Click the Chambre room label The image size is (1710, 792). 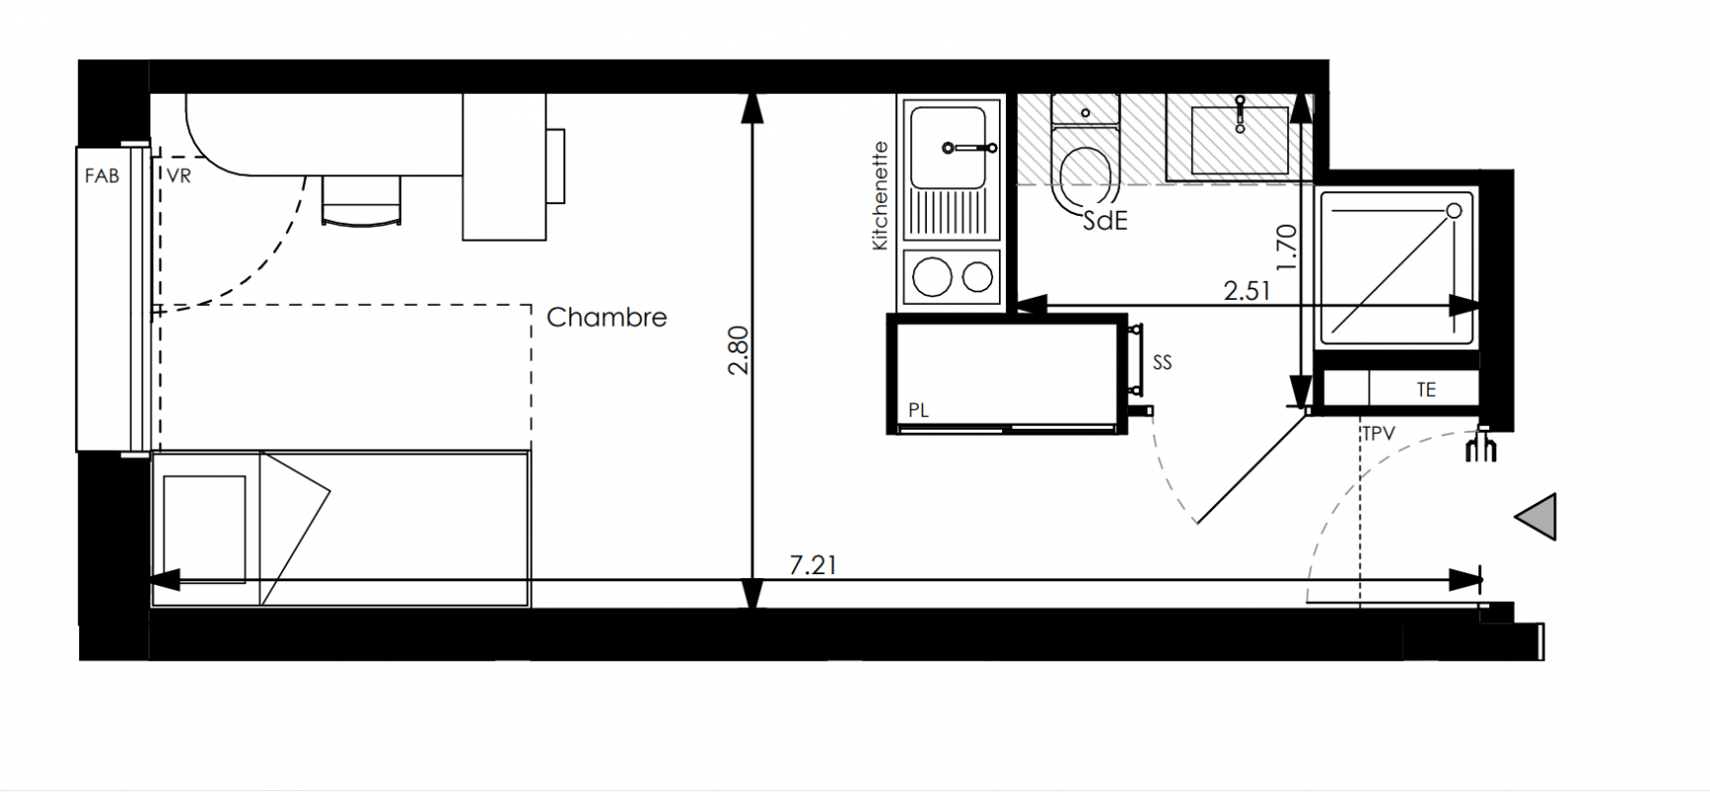[x=606, y=317]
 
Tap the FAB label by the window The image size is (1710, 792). [x=102, y=176]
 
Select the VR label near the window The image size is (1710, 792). [x=179, y=176]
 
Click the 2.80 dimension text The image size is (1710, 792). [x=739, y=350]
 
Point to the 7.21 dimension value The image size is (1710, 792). [x=813, y=565]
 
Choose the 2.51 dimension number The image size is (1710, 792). [x=1247, y=291]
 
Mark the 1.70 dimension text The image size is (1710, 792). [x=1285, y=247]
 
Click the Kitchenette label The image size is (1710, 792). [x=880, y=196]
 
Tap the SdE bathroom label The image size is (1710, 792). [x=1105, y=221]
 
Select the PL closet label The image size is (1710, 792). [x=919, y=410]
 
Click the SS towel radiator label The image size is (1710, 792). [x=1162, y=363]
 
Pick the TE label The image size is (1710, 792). [x=1426, y=390]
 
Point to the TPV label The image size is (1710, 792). [x=1378, y=434]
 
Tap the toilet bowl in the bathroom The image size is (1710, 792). [x=1086, y=176]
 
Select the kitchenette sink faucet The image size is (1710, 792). [x=968, y=148]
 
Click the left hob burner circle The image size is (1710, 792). [x=932, y=277]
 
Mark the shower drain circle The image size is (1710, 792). [x=1455, y=211]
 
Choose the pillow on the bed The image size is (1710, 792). [x=204, y=529]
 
